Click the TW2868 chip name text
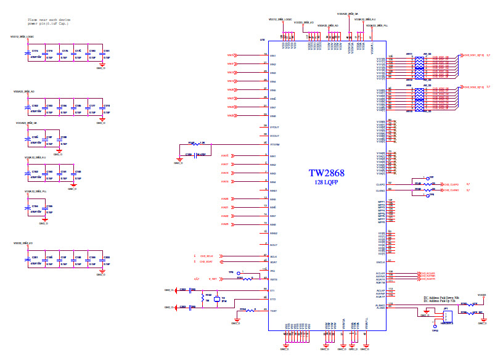coord(327,174)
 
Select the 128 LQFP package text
coord(327,183)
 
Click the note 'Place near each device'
coord(47,20)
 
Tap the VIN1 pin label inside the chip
coord(274,55)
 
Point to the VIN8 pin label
coord(274,116)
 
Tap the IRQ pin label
coord(272,271)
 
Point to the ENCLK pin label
coord(380,261)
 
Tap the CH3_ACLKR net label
coord(427,272)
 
